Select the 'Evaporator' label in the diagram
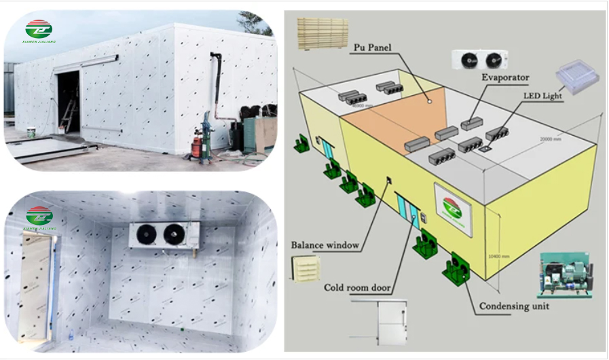[504, 78]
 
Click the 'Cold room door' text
[356, 288]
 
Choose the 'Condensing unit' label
[514, 306]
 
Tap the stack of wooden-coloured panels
[322, 33]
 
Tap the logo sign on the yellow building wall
[453, 209]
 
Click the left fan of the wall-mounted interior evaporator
[147, 235]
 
